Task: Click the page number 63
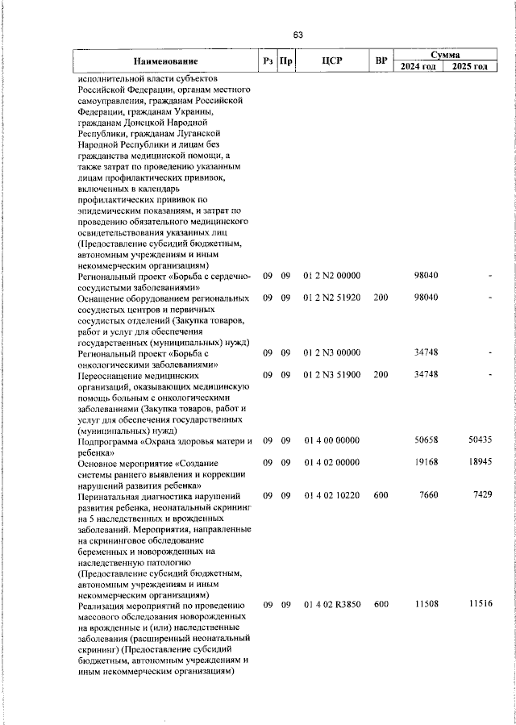tap(298, 35)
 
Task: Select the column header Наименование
tap(166, 61)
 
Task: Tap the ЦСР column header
tap(333, 61)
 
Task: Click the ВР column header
tap(381, 61)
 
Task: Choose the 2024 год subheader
tap(418, 67)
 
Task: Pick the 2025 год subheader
tap(470, 67)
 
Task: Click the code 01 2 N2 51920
tap(332, 298)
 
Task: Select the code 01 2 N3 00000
tap(332, 353)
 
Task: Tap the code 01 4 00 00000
tap(332, 441)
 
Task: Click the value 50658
tap(426, 441)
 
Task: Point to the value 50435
tap(480, 441)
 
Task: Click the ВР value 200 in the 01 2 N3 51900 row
tap(381, 375)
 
